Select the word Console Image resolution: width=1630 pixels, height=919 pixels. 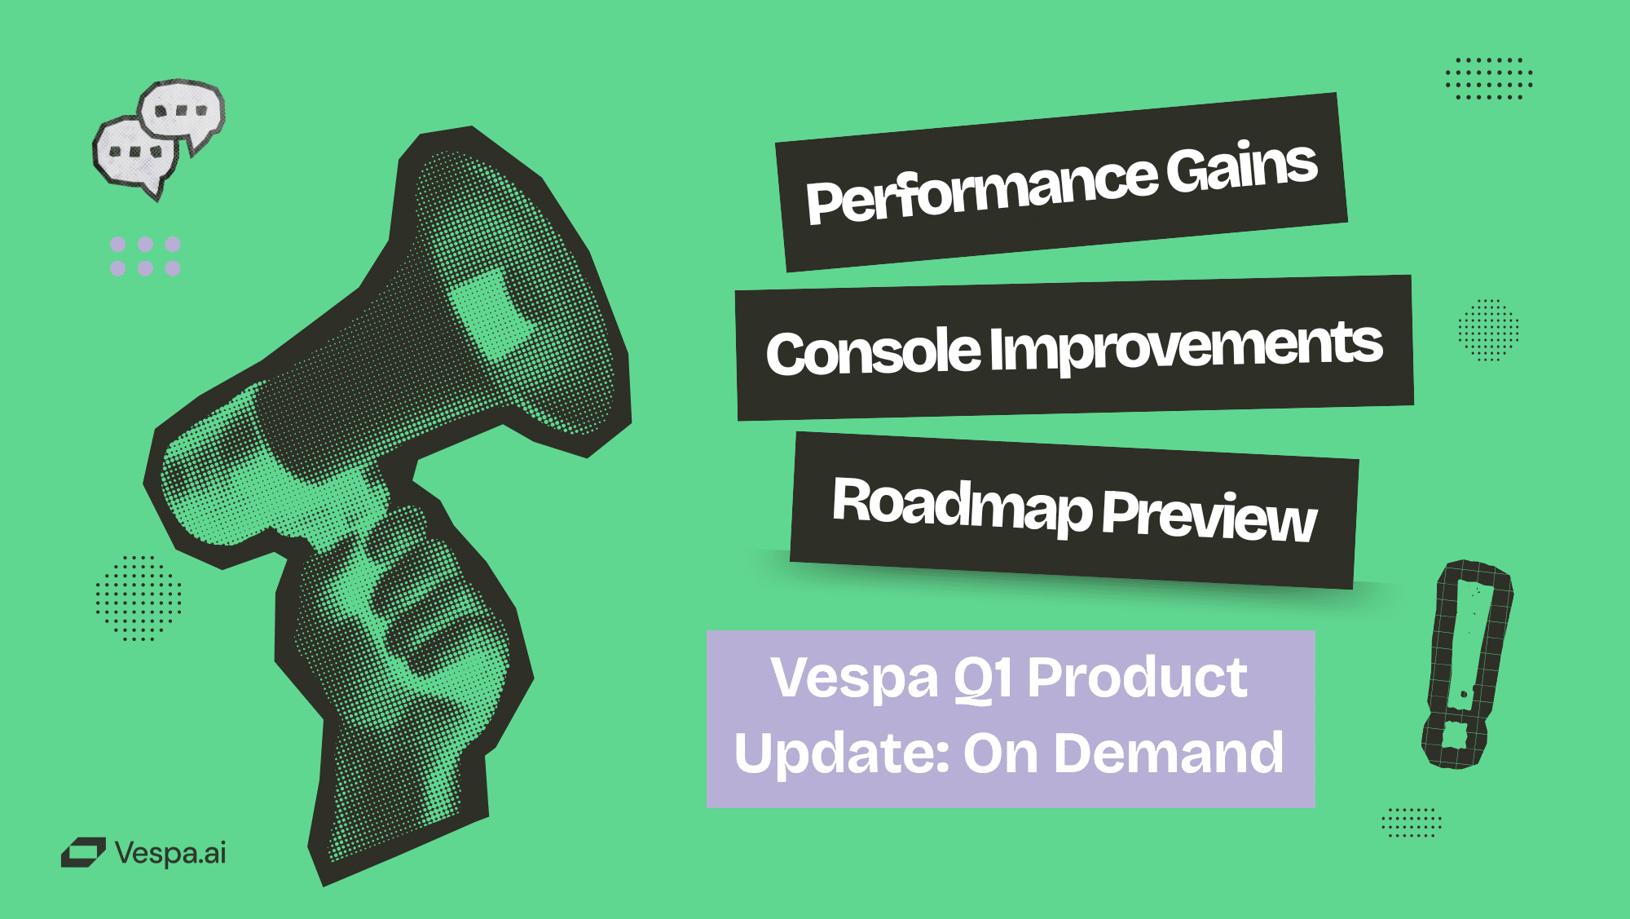click(873, 352)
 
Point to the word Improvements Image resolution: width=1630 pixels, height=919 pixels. click(1187, 345)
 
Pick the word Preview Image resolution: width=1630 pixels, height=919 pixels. click(1209, 516)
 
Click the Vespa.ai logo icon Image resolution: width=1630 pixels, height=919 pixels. click(83, 853)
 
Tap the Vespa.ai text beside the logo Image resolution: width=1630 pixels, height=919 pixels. click(170, 853)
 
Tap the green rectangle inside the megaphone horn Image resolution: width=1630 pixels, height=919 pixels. click(493, 316)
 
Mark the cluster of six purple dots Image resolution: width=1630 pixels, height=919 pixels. click(145, 256)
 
